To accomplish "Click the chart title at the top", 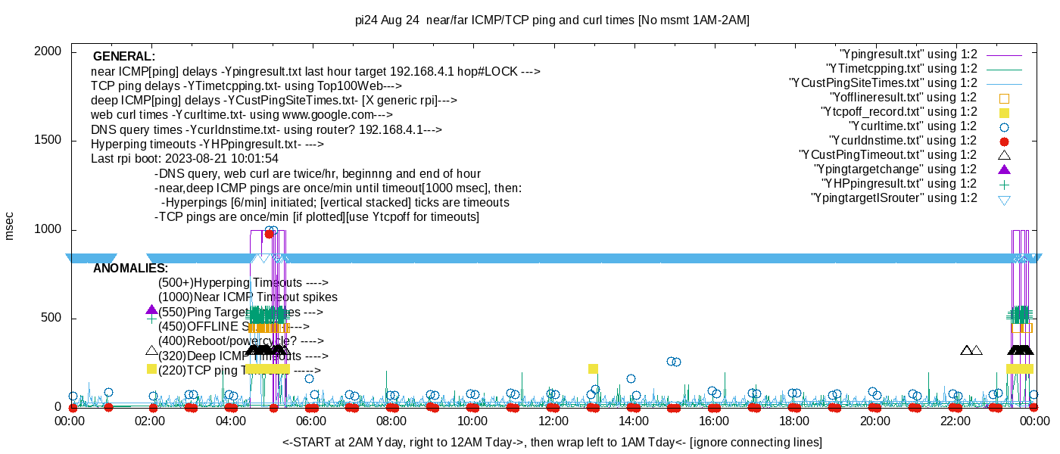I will (x=552, y=20).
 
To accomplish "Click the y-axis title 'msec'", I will (x=10, y=226).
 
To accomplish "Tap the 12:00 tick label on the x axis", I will (x=553, y=421).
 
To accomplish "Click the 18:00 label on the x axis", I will (x=793, y=421).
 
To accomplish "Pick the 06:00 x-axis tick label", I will (x=311, y=421).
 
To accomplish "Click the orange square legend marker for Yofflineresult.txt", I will (x=1004, y=98).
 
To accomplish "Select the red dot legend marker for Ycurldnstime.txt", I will (x=1004, y=141).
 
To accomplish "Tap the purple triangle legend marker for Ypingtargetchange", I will (x=1004, y=169).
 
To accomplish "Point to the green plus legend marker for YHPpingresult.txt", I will (x=1004, y=184).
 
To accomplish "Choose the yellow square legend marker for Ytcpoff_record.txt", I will (x=1004, y=112).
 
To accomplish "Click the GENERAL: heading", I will (x=123, y=57).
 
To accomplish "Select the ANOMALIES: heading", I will (x=130, y=269).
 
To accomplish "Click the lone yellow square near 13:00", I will (x=593, y=369).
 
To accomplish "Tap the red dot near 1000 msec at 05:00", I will (x=269, y=234).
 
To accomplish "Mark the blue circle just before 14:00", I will (x=631, y=378).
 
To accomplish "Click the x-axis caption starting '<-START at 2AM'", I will (x=552, y=442).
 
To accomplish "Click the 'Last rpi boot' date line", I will (x=185, y=159).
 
